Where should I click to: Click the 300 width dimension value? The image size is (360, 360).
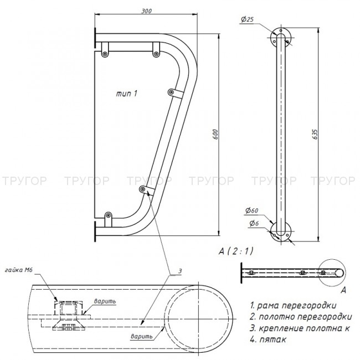[x=148, y=11]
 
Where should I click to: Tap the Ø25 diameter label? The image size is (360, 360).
[x=247, y=20]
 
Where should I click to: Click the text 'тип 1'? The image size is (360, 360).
[x=127, y=94]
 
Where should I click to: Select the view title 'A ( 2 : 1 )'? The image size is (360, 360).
[x=235, y=251]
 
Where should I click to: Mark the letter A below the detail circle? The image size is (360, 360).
[x=344, y=290]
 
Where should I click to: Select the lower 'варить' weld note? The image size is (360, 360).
[x=141, y=336]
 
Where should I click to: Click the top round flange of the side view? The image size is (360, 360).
[x=281, y=37]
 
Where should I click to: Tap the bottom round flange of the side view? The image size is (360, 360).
[x=281, y=231]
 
